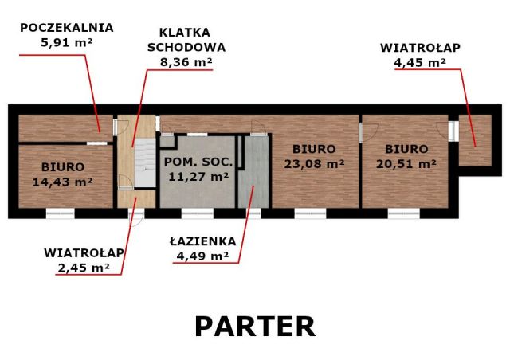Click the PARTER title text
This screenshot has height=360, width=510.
tap(255, 326)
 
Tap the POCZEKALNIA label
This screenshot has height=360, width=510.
tap(67, 27)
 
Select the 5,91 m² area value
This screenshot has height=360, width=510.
tap(67, 43)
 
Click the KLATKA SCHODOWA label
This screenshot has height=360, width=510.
tap(186, 40)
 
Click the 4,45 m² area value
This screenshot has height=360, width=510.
tap(420, 61)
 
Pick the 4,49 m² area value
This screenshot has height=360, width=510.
tap(202, 256)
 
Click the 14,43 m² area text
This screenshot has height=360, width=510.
tap(63, 182)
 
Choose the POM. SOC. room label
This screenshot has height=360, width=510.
tap(198, 162)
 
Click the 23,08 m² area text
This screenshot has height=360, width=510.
tap(314, 163)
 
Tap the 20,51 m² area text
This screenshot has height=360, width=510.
tap(406, 163)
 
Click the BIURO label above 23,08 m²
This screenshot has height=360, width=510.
tap(314, 149)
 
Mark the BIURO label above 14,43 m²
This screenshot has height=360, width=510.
tap(63, 167)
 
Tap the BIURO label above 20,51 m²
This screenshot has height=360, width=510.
tap(406, 149)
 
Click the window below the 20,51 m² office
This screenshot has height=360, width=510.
tap(404, 213)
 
